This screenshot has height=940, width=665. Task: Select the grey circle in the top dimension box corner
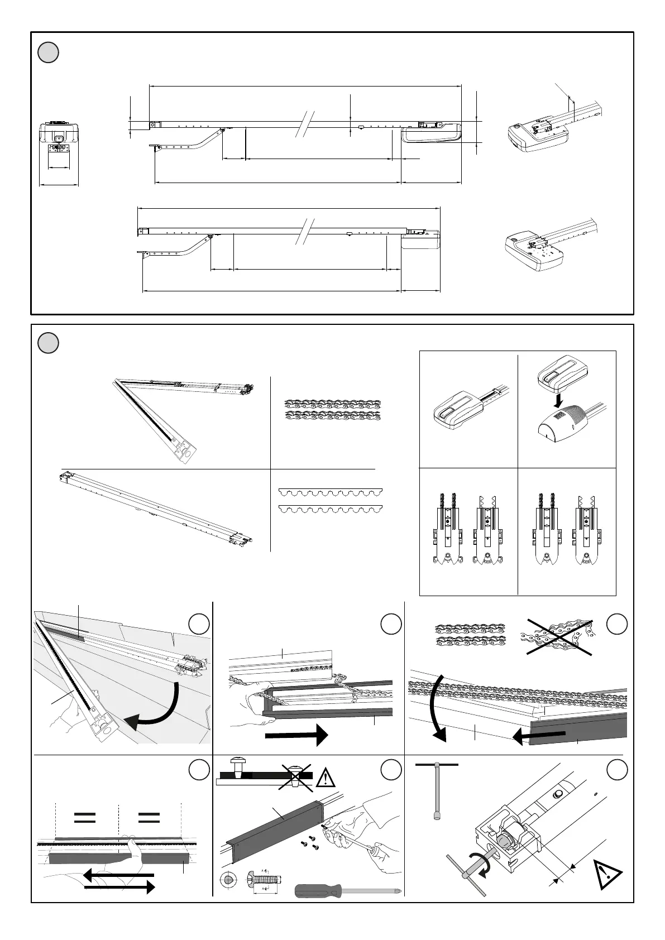(49, 52)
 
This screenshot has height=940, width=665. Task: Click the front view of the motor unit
(59, 144)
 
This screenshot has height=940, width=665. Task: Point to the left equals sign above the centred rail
(84, 818)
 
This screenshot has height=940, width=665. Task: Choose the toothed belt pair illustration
(330, 501)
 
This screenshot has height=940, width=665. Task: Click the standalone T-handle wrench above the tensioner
(437, 787)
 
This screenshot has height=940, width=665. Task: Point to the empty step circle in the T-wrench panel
(617, 770)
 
